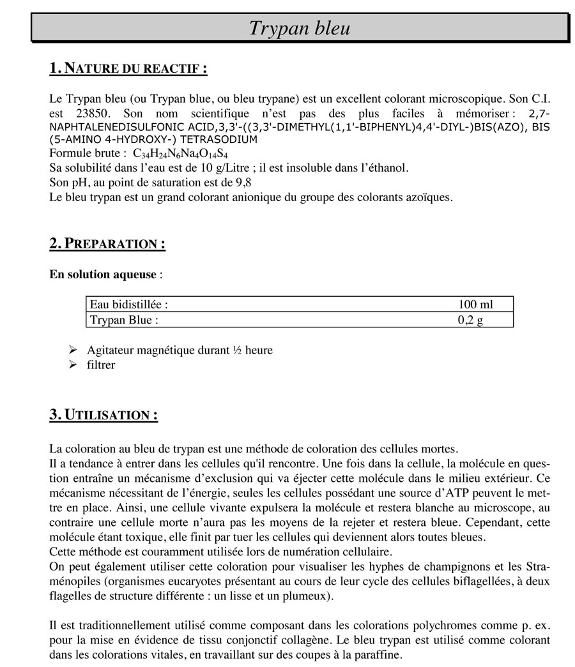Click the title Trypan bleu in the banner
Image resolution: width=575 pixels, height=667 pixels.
pyautogui.click(x=299, y=28)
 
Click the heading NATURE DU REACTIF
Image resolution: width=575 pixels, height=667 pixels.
pyautogui.click(x=128, y=68)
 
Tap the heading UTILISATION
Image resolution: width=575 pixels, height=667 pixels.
pyautogui.click(x=103, y=415)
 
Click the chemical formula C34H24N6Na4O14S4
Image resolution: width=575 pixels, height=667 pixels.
pyautogui.click(x=180, y=154)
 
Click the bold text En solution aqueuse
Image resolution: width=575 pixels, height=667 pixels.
pyautogui.click(x=102, y=274)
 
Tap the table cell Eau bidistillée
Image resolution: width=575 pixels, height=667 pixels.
pyautogui.click(x=128, y=305)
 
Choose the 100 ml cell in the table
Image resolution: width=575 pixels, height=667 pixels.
pyautogui.click(x=475, y=305)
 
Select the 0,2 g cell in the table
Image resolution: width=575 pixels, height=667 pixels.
pyautogui.click(x=470, y=320)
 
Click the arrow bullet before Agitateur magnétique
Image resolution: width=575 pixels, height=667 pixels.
pyautogui.click(x=73, y=350)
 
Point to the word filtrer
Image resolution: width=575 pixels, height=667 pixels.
pyautogui.click(x=101, y=365)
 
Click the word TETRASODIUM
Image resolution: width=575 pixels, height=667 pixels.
pyautogui.click(x=218, y=139)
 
